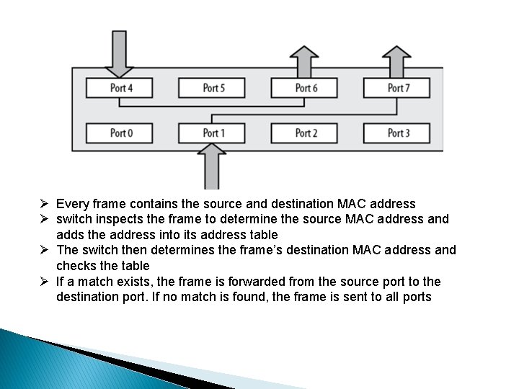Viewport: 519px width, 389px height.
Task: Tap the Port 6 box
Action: click(305, 88)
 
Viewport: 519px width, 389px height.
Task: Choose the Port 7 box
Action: click(397, 88)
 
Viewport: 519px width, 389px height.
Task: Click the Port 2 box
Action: click(305, 133)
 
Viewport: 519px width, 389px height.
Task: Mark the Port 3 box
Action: click(397, 133)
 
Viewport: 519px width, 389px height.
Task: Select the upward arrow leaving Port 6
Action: click(304, 61)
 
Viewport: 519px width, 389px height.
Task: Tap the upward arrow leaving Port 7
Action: click(396, 61)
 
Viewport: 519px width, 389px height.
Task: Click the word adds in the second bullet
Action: click(70, 235)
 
